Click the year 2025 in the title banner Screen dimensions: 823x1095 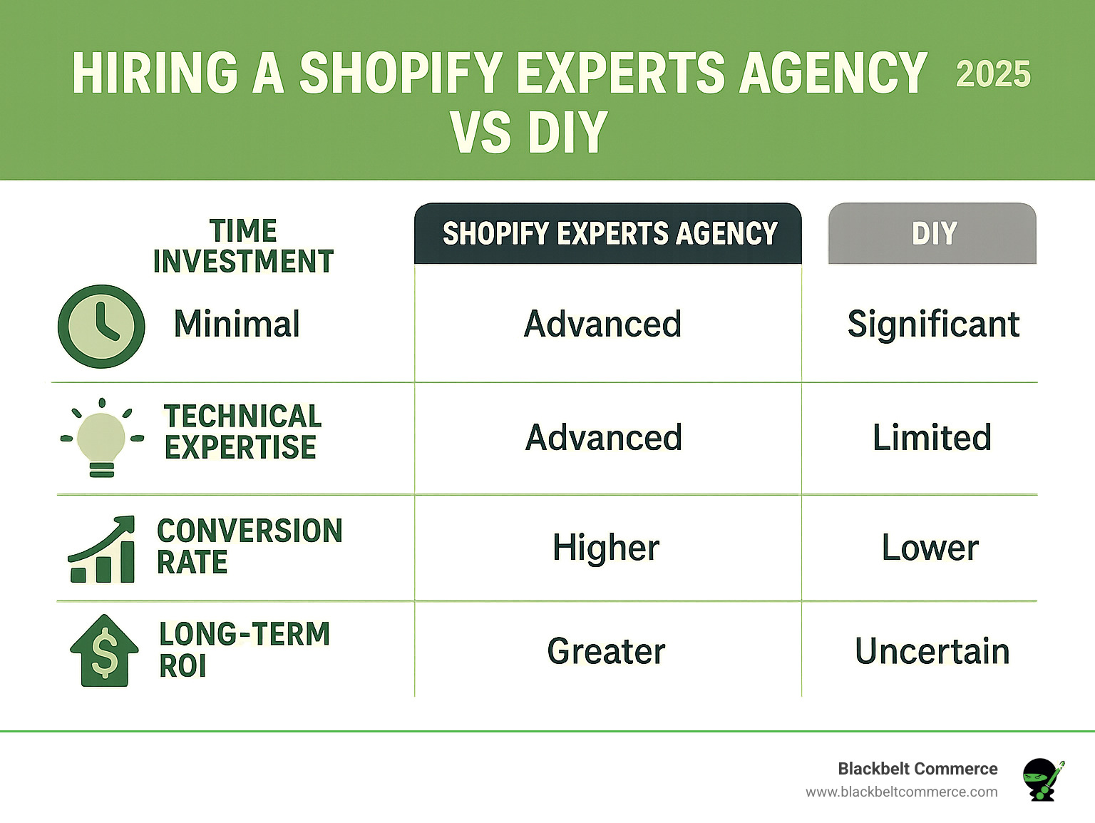point(993,74)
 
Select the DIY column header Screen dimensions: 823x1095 point(932,234)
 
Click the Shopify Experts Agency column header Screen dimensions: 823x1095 point(609,234)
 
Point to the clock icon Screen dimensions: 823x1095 point(101,327)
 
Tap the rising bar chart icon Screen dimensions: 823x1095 point(102,550)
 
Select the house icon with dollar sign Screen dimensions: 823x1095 point(104,650)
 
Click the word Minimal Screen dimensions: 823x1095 point(237,324)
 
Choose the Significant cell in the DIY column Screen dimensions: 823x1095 point(933,324)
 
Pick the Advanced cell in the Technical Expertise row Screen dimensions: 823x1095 point(604,437)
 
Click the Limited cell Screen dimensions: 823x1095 point(932,437)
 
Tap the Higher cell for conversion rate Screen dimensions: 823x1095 point(606,548)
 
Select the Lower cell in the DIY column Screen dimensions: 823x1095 point(930,548)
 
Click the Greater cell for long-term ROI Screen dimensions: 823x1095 point(606,651)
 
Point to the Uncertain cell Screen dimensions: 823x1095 point(932,651)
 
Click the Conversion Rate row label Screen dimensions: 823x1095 point(250,546)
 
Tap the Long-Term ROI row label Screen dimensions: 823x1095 point(244,650)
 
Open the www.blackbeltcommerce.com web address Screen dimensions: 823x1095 point(901,792)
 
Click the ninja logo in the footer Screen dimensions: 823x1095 point(1042,779)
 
